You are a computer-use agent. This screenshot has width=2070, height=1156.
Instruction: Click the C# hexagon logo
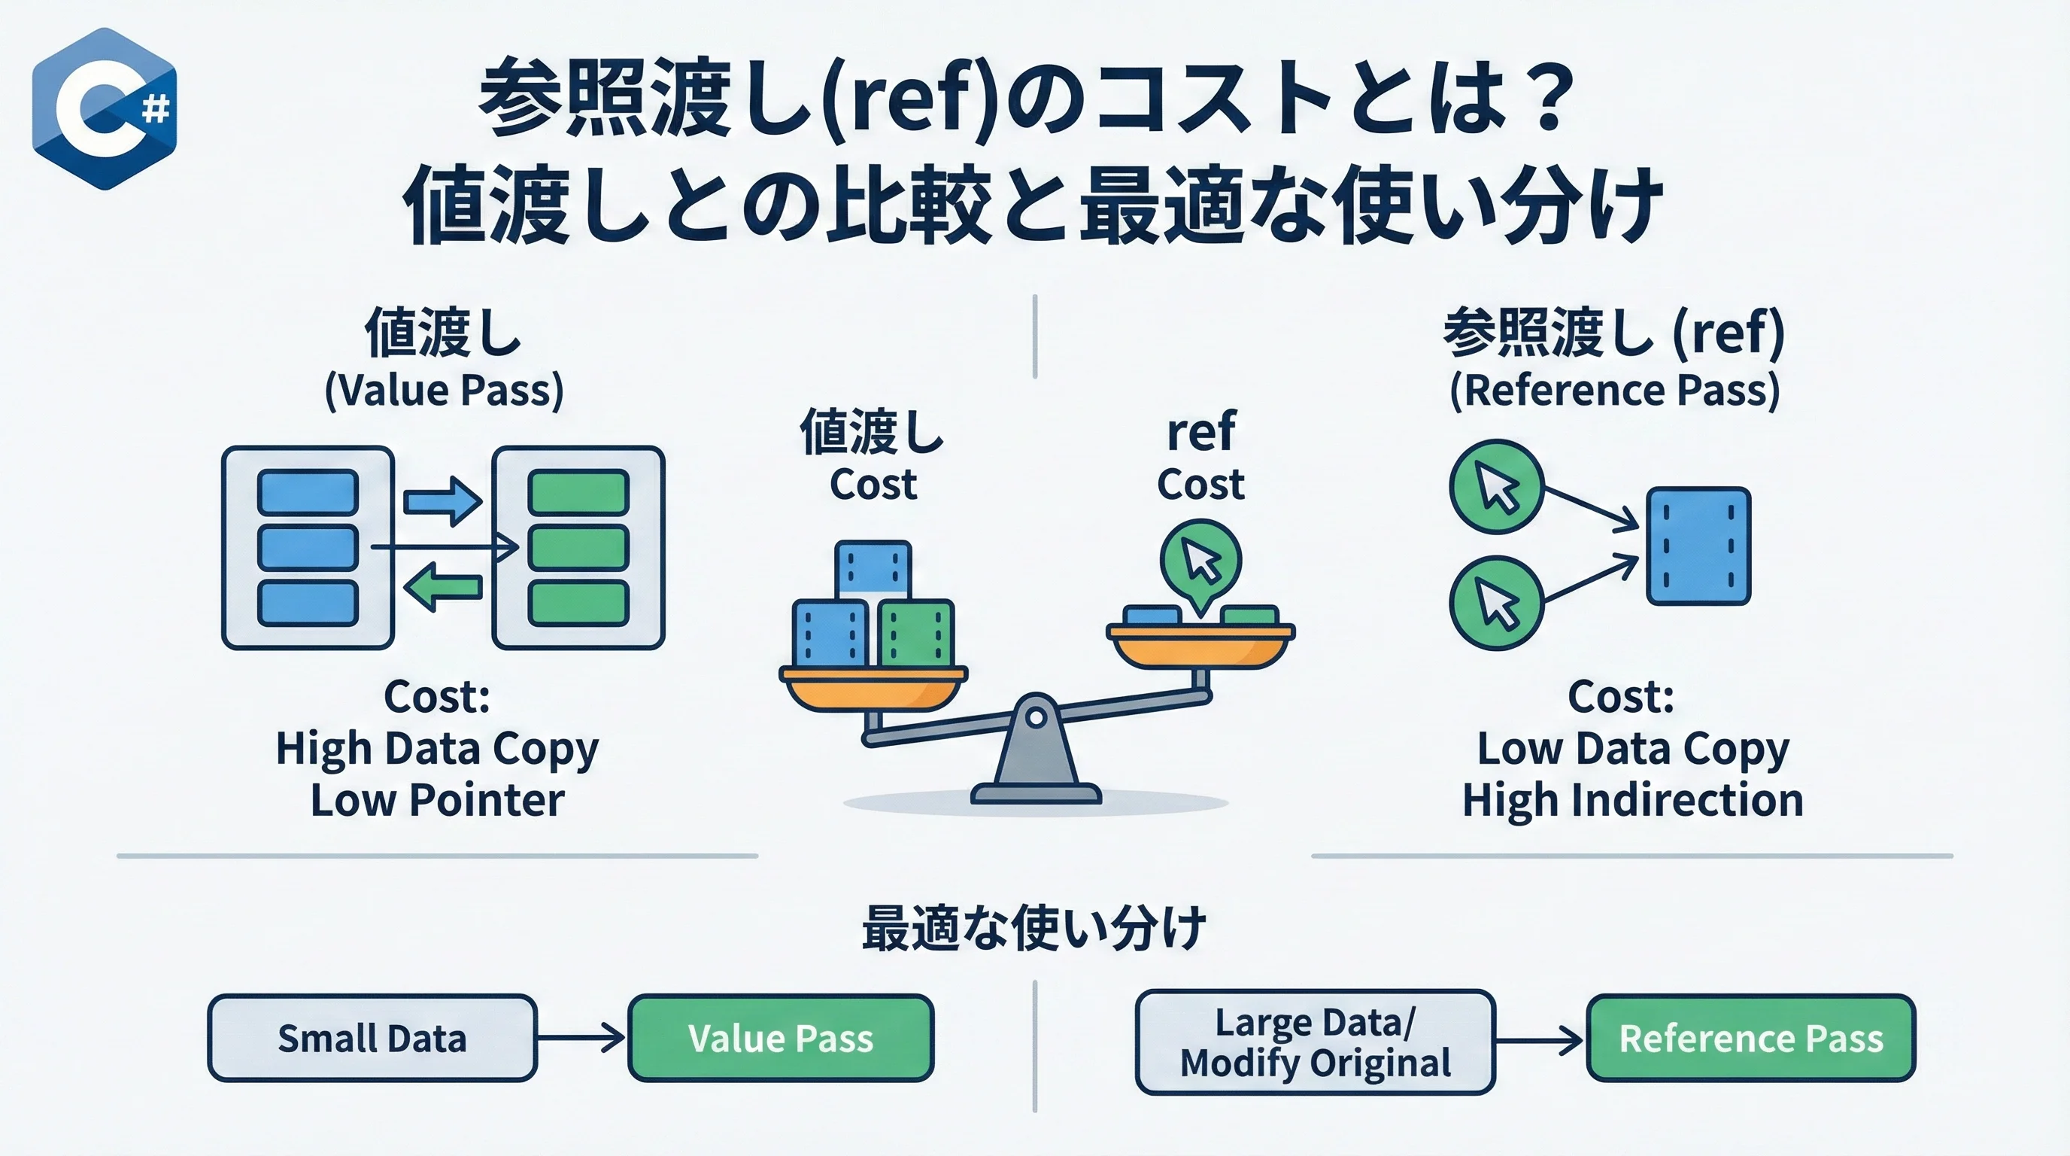tap(104, 108)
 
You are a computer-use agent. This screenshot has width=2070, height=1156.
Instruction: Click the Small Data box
tap(372, 1038)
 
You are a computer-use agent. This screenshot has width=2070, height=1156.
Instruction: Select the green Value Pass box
tap(780, 1038)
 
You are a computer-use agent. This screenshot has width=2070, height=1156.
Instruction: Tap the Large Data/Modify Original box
tap(1315, 1042)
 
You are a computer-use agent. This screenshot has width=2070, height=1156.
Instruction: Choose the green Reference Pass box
tap(1750, 1038)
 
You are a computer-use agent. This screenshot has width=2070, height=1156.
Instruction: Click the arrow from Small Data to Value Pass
tap(581, 1037)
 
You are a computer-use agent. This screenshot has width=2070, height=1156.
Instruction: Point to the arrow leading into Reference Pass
tap(1539, 1041)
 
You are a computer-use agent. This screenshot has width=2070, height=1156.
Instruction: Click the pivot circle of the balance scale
tap(1036, 716)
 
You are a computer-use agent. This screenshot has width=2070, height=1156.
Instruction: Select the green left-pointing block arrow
tap(443, 587)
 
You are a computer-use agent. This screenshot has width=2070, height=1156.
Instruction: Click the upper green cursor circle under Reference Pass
tap(1496, 486)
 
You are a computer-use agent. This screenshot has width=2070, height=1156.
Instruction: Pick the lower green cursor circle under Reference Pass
tap(1496, 603)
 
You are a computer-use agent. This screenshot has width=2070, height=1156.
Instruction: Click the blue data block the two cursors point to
tap(1698, 546)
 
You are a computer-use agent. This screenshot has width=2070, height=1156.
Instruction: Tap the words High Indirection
tap(1632, 801)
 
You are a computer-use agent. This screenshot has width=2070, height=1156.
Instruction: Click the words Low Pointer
tap(437, 801)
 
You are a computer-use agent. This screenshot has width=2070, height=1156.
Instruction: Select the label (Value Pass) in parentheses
tap(444, 391)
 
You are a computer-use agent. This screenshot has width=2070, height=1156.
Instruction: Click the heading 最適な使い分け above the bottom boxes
tap(1034, 929)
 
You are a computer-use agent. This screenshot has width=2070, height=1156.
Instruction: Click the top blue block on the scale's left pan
tap(873, 570)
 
